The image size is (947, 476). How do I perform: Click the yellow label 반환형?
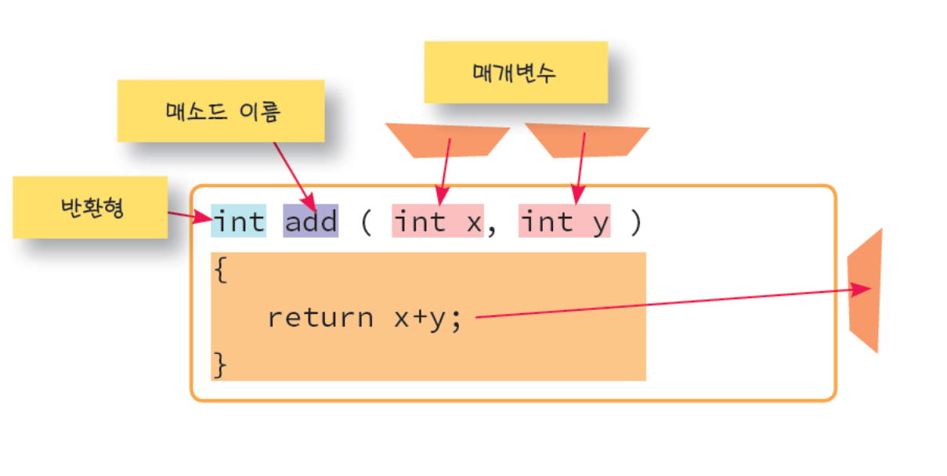[x=90, y=207]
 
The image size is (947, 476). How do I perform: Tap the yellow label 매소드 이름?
[x=221, y=111]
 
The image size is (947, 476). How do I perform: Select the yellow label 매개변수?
[x=515, y=73]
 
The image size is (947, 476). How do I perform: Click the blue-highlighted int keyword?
[x=239, y=222]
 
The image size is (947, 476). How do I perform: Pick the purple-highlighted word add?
[x=310, y=222]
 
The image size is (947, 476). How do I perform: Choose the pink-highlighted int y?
[x=564, y=222]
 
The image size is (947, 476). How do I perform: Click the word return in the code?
[x=320, y=318]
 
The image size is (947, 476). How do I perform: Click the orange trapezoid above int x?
[x=447, y=139]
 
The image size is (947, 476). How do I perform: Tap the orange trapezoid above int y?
[x=586, y=140]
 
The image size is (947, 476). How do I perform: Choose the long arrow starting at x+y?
[x=666, y=304]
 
